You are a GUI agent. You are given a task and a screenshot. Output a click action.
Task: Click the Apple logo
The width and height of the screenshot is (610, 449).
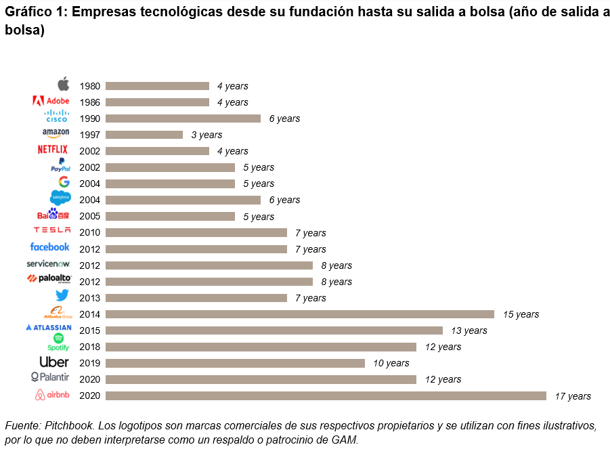(x=63, y=84)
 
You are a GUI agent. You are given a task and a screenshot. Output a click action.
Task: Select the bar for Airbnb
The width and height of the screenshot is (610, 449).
(x=326, y=395)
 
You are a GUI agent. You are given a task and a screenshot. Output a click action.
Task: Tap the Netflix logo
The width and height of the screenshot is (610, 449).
(x=53, y=150)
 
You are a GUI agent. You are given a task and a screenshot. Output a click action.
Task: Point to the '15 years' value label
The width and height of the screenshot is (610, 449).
(x=521, y=314)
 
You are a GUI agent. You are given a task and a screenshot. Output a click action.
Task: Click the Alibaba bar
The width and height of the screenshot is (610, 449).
(x=300, y=314)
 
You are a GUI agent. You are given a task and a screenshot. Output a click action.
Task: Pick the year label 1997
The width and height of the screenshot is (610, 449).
(x=89, y=135)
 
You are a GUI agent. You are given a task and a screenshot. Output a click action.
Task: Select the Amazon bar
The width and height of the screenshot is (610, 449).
(x=144, y=135)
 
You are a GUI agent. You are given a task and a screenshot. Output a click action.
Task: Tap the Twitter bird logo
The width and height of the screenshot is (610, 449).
(x=62, y=295)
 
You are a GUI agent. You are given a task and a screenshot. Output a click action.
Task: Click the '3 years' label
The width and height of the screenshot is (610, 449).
(x=206, y=135)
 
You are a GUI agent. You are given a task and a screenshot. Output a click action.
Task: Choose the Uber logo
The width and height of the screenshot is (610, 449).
(x=54, y=362)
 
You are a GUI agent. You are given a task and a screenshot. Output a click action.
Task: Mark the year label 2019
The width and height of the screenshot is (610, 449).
(x=89, y=363)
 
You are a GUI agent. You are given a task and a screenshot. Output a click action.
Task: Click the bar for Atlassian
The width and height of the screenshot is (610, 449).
(x=274, y=330)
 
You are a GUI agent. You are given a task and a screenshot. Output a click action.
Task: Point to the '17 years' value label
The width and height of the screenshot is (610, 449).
(x=573, y=396)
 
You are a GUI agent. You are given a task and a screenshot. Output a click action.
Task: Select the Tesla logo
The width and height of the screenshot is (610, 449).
(x=52, y=231)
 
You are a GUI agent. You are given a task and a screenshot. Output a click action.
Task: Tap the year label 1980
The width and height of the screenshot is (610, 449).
(x=89, y=86)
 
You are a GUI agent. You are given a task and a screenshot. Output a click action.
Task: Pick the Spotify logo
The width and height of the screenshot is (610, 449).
(x=58, y=342)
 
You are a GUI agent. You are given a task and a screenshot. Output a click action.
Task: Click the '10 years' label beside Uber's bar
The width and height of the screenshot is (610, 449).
(x=391, y=363)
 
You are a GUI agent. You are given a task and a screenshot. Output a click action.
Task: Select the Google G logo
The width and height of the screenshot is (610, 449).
(x=64, y=181)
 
